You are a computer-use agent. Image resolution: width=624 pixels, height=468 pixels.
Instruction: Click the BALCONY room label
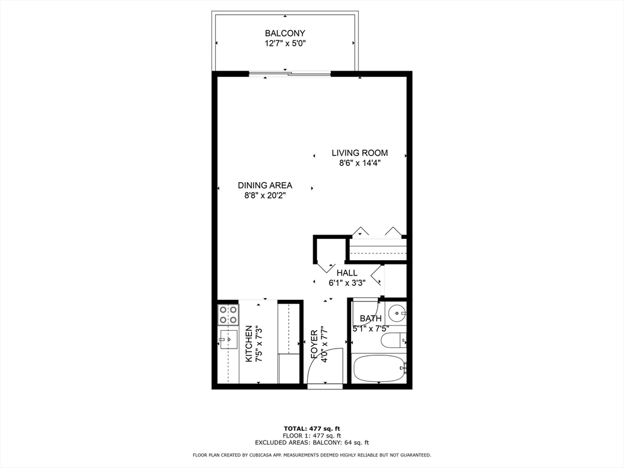[x=285, y=33]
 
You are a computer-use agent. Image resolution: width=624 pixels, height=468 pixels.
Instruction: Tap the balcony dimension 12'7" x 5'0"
[x=285, y=44]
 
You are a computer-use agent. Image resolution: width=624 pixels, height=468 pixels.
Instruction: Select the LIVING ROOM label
[x=360, y=153]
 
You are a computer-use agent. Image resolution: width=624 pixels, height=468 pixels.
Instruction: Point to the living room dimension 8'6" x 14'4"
[x=360, y=163]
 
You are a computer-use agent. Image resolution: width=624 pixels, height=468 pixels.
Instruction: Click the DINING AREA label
[x=265, y=185]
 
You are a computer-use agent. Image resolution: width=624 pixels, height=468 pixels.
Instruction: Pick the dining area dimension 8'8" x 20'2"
[x=265, y=196]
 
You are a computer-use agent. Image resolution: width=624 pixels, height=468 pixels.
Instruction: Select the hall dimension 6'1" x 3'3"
[x=347, y=283]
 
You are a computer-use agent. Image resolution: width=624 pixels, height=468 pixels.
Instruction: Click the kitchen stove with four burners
[x=228, y=314]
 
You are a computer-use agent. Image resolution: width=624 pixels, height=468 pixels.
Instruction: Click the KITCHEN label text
[x=249, y=344]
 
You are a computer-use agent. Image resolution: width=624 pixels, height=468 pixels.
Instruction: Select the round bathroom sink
[x=397, y=314]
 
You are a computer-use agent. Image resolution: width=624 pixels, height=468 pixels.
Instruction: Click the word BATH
[x=370, y=318]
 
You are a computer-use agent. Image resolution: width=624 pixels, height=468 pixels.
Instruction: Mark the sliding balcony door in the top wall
[x=290, y=74]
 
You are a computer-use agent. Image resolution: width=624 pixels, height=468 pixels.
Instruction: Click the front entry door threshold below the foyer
[x=325, y=386]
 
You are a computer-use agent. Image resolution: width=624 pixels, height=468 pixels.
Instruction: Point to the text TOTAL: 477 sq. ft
[x=311, y=428]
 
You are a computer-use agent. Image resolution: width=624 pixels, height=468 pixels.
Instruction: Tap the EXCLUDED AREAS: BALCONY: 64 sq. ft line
[x=311, y=443]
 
